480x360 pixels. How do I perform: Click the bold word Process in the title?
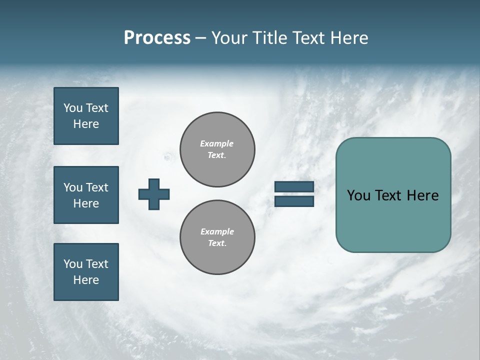pyautogui.click(x=157, y=38)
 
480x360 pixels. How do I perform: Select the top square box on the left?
pyautogui.click(x=86, y=116)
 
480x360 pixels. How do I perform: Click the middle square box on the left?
pyautogui.click(x=86, y=195)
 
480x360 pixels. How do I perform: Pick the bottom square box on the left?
pyautogui.click(x=86, y=272)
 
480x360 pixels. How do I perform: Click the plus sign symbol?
pyautogui.click(x=154, y=194)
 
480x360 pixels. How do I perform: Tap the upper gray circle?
pyautogui.click(x=217, y=149)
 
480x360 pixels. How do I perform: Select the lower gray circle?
pyautogui.click(x=217, y=237)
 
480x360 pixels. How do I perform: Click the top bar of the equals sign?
pyautogui.click(x=294, y=187)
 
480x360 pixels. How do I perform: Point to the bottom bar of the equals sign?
pyautogui.click(x=294, y=201)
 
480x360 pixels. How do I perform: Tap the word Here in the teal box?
pyautogui.click(x=422, y=195)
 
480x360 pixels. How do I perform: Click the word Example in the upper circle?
pyautogui.click(x=216, y=143)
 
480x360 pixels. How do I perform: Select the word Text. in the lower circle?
pyautogui.click(x=217, y=243)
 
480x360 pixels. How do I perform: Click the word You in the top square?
pyautogui.click(x=73, y=108)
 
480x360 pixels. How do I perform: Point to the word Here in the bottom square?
pyautogui.click(x=86, y=280)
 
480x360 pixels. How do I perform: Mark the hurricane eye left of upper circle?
pyautogui.click(x=167, y=157)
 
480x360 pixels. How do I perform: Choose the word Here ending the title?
pyautogui.click(x=350, y=38)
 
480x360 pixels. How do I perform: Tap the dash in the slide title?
pyautogui.click(x=200, y=38)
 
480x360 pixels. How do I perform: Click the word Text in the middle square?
pyautogui.click(x=97, y=187)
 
